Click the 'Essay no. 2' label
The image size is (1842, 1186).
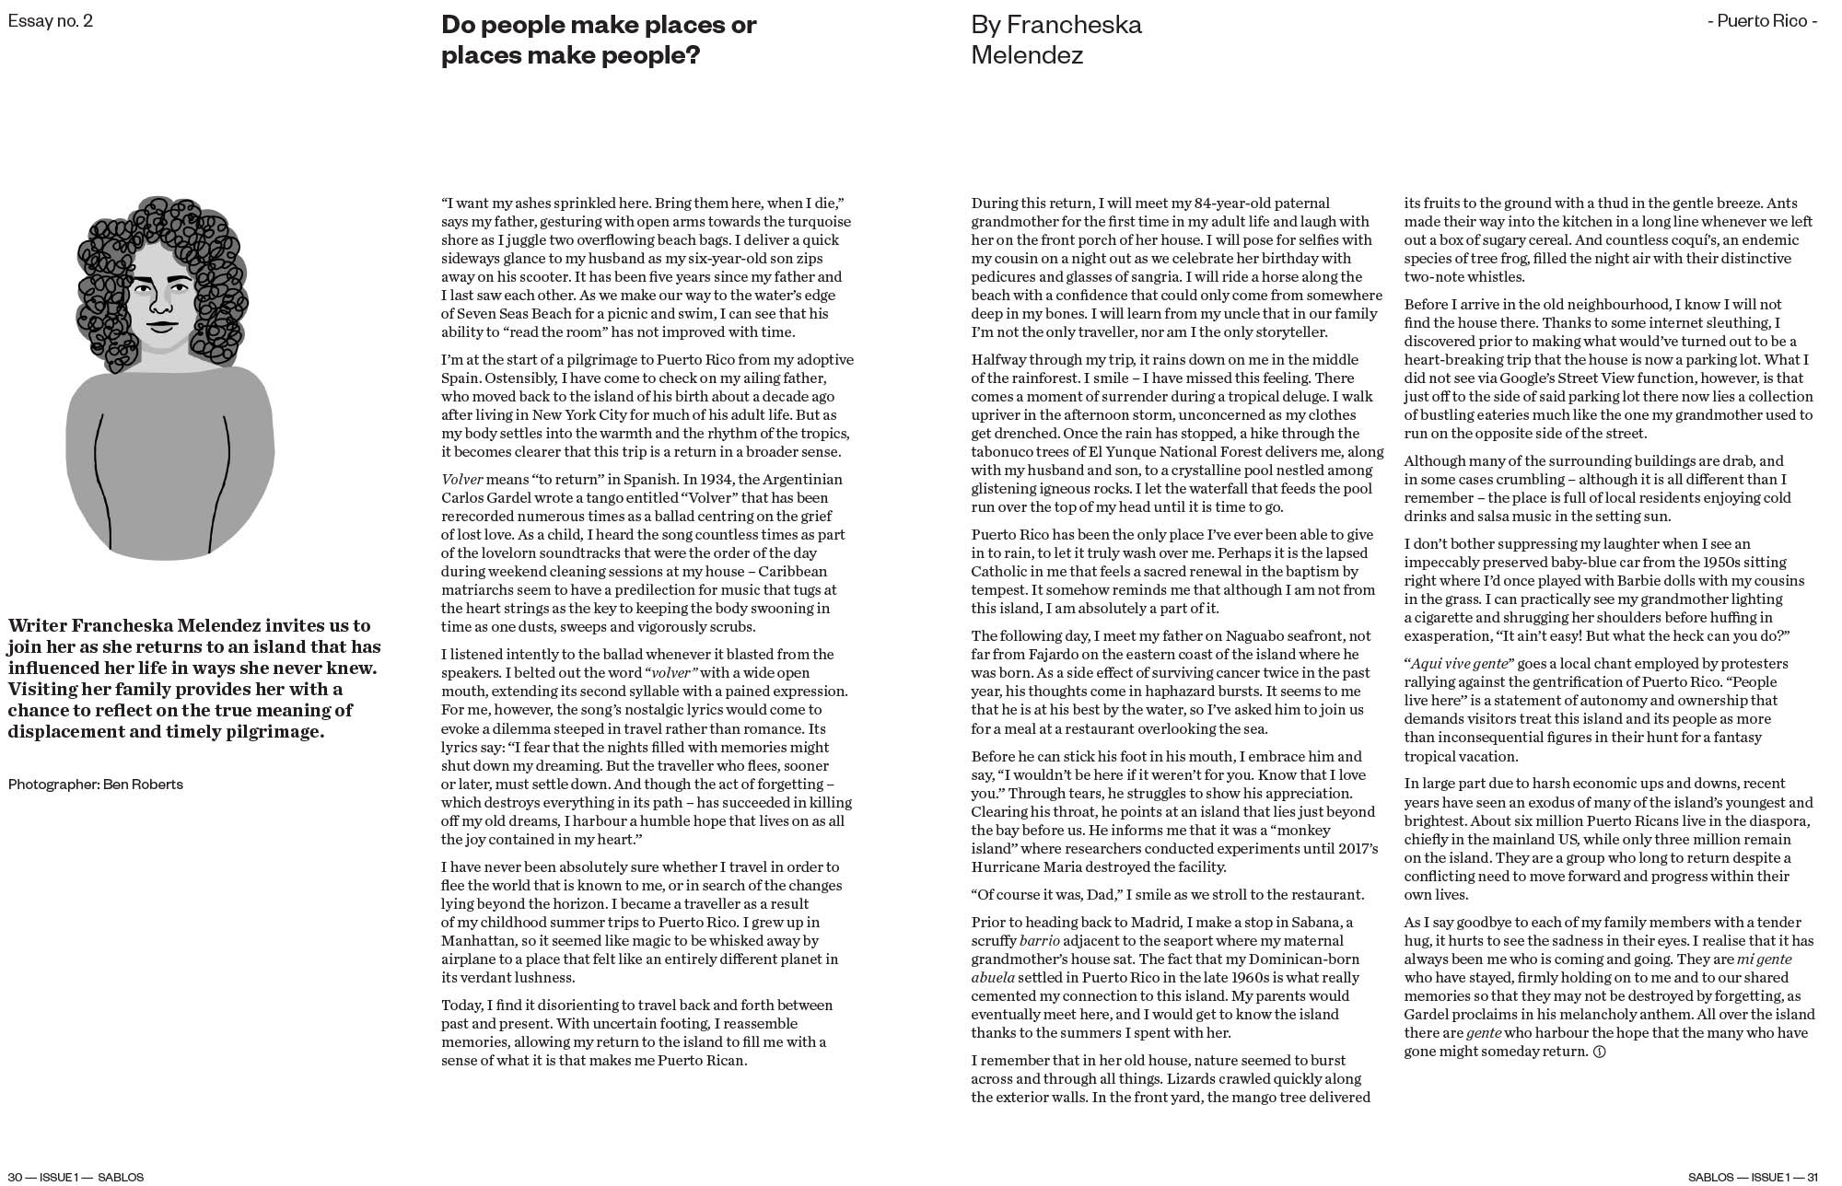pos(51,20)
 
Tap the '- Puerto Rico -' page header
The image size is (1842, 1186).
pos(1761,20)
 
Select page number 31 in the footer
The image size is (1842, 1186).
pos(1812,1177)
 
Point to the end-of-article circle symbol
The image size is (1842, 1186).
pos(1599,1052)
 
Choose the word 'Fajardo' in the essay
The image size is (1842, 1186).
pos(1022,655)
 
